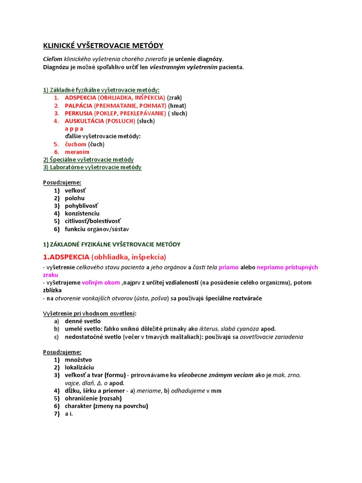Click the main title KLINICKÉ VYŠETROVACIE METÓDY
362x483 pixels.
[103, 46]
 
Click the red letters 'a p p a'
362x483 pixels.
[74, 128]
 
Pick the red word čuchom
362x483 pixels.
[75, 144]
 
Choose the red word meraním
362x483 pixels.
[77, 152]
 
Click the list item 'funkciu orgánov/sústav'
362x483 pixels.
[97, 229]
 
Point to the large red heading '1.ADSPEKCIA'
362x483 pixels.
[66, 257]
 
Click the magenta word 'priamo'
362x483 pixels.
[229, 267]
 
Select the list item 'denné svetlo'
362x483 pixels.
[82, 321]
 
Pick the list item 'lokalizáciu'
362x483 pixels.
[79, 367]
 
